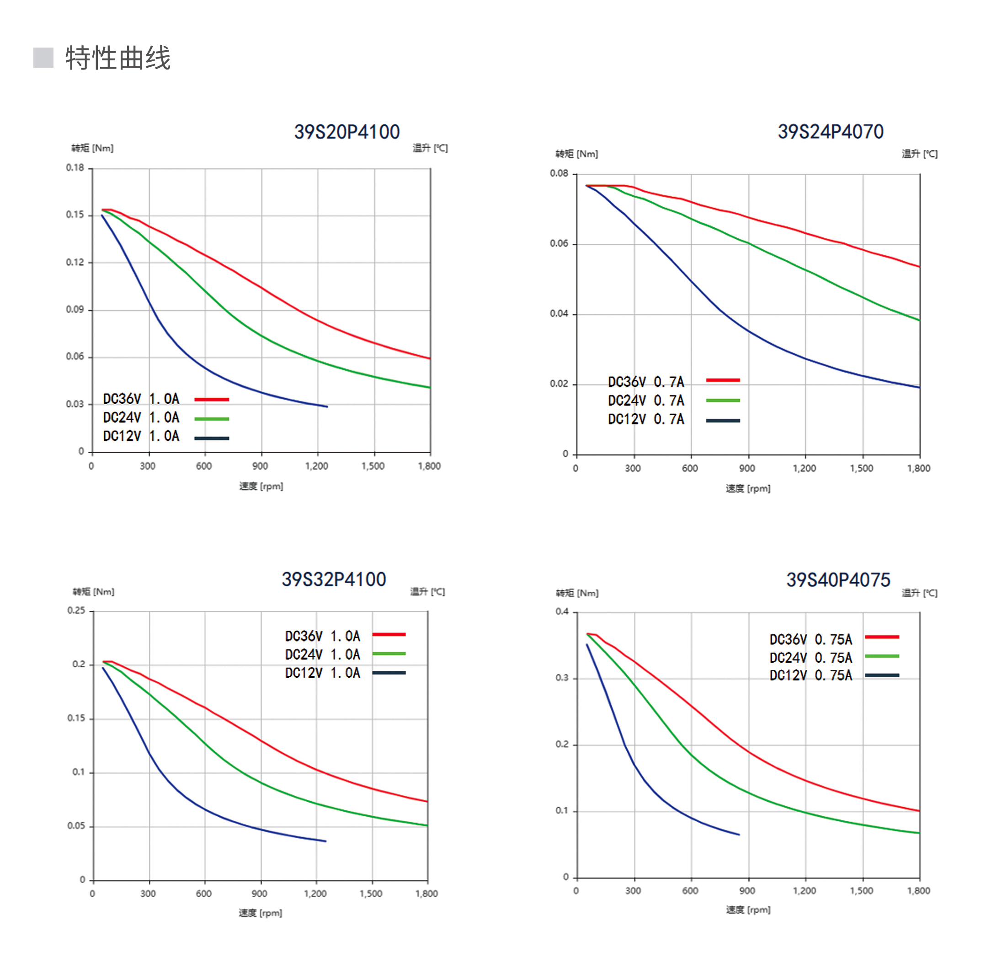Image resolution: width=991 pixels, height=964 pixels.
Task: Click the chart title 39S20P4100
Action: [x=346, y=132]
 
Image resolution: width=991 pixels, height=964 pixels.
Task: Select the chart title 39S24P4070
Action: [x=830, y=132]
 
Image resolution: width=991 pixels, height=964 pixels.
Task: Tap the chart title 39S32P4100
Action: [x=334, y=580]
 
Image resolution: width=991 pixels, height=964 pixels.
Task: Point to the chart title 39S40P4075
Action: [x=838, y=580]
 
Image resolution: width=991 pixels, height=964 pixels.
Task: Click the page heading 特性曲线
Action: [x=118, y=58]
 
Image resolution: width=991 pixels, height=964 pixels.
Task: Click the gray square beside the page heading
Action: [x=43, y=58]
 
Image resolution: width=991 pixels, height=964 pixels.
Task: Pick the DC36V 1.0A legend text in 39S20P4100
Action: [x=141, y=399]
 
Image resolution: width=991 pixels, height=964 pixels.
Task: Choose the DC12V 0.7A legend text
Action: [x=646, y=420]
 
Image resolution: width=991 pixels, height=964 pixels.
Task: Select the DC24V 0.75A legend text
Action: [x=810, y=658]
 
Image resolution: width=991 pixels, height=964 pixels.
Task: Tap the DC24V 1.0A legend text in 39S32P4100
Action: [x=322, y=655]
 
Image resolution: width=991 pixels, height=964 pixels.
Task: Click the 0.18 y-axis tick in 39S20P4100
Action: [x=75, y=167]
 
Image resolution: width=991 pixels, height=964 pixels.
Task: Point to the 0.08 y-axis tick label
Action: [x=559, y=174]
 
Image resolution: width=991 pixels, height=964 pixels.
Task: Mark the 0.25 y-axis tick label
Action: [x=76, y=611]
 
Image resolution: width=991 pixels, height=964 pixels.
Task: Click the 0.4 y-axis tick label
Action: [x=562, y=611]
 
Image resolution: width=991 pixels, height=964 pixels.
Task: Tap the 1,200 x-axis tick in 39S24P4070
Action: [x=804, y=468]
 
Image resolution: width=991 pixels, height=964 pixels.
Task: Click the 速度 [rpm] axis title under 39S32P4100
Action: [x=260, y=913]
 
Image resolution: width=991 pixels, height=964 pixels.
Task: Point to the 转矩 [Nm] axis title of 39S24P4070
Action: [x=576, y=154]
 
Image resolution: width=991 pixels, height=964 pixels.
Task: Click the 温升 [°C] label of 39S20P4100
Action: [x=430, y=148]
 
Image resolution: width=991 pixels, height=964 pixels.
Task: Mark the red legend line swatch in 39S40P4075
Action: [x=882, y=637]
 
